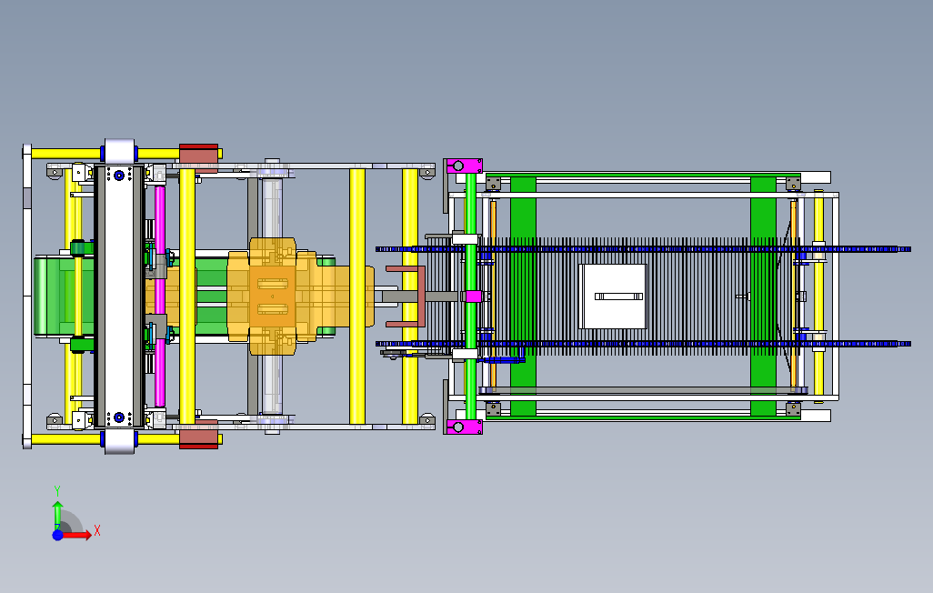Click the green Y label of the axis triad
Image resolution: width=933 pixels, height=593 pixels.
(x=57, y=490)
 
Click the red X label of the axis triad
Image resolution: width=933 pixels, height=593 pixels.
(x=97, y=530)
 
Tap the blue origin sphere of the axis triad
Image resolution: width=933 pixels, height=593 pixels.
(x=57, y=536)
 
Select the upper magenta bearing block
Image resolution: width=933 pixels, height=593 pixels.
(x=464, y=166)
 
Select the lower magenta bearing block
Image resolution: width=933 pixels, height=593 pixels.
(x=464, y=427)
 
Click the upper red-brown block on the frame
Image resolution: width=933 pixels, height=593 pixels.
(x=199, y=157)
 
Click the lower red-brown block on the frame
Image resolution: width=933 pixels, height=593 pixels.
(x=199, y=434)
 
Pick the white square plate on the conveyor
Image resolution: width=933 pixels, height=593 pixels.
(x=612, y=296)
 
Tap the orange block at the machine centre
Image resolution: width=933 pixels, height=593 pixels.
(x=273, y=296)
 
